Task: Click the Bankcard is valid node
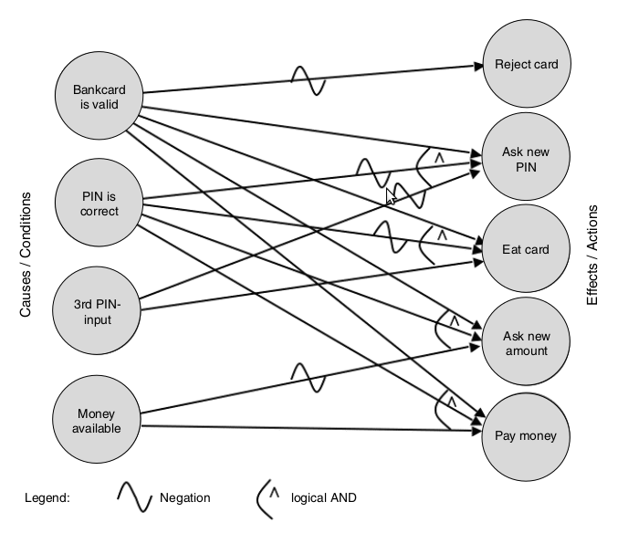[99, 96]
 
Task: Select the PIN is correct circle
[99, 204]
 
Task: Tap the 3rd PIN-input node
[99, 313]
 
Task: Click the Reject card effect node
[526, 65]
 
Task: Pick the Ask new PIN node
[526, 158]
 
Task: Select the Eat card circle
[526, 249]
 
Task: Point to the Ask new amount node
[526, 343]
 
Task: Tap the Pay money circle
[526, 436]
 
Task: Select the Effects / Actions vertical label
[592, 255]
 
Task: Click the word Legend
[47, 498]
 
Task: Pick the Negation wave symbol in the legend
[133, 497]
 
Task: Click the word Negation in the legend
[184, 498]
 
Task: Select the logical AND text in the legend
[323, 498]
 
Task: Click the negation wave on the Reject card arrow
[308, 80]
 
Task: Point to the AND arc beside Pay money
[446, 409]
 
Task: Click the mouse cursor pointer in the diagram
[391, 195]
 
